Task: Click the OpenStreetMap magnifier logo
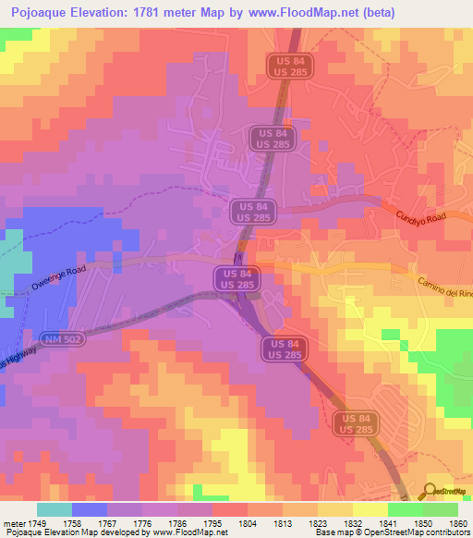(431, 492)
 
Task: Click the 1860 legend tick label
(459, 523)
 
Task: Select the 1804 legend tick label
(248, 523)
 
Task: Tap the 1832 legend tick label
(352, 523)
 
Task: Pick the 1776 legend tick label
(144, 523)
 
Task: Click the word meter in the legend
(15, 523)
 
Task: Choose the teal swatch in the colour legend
(54, 509)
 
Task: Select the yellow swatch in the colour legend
(370, 509)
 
